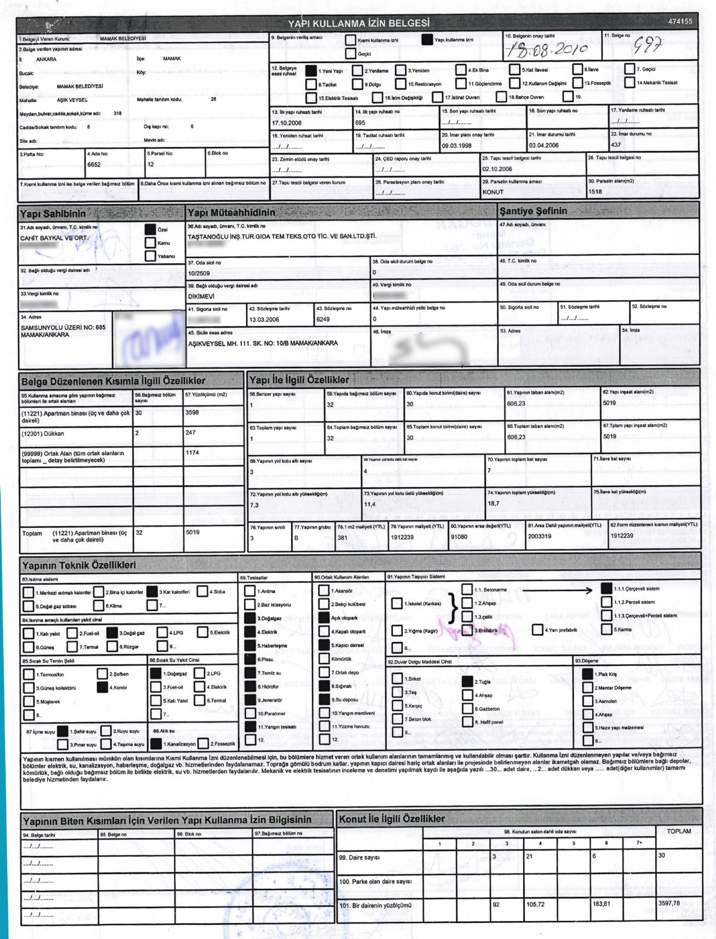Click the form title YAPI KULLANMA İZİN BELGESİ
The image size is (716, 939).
coord(358,23)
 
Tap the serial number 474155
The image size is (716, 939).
coord(680,21)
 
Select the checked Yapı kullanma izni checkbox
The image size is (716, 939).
coord(427,40)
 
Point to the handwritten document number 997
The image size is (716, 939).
coord(647,46)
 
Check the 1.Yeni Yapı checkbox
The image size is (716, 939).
coord(311,71)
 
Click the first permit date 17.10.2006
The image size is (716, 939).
coord(286,123)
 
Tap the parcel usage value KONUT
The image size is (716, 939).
coord(493,192)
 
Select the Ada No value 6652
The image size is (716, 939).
coord(94,165)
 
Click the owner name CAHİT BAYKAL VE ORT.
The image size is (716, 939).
coord(54,238)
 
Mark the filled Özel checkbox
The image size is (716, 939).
coord(150,229)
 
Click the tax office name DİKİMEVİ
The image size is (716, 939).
coord(201,296)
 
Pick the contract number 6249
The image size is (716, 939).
coord(323,319)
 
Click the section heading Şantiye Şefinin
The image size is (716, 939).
coord(533,211)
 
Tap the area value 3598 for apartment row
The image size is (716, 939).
coord(192,413)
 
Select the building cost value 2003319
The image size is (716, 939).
coord(539,536)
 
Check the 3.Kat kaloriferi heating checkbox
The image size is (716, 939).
coord(152,592)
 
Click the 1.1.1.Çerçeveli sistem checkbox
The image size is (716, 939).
coord(606,588)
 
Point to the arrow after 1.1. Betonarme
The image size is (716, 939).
coord(557,590)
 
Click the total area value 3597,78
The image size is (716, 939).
coord(669,903)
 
